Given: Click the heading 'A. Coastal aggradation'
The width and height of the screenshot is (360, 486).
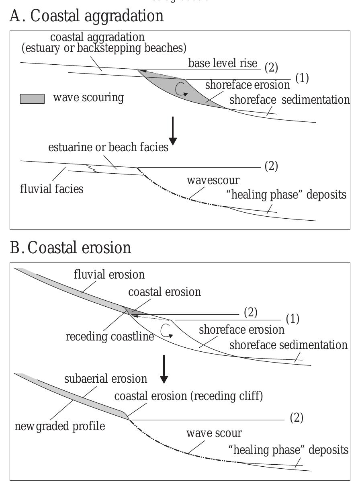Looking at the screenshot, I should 86,16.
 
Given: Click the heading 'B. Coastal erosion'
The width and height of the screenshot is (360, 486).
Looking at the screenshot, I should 70,248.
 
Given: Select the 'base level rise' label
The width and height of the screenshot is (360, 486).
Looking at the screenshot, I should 223,64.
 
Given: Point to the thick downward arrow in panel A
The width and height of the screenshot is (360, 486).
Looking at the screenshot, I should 173,131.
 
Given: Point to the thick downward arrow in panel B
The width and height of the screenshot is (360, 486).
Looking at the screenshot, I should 164,373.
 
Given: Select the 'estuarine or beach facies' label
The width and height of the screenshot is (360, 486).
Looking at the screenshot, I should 108,147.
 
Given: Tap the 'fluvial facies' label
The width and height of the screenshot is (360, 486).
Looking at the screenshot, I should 52,188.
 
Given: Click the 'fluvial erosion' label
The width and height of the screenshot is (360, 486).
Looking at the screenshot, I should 109,275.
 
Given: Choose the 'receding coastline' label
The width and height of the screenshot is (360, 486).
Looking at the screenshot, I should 110,336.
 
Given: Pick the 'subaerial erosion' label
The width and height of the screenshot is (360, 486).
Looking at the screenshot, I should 106,379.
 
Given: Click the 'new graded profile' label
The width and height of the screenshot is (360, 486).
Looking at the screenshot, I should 60,426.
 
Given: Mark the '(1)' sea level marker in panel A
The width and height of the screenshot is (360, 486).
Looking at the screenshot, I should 302,78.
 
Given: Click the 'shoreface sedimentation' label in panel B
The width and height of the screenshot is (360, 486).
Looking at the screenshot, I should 288,345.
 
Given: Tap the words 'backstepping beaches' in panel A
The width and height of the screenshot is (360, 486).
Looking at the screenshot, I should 136,49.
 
